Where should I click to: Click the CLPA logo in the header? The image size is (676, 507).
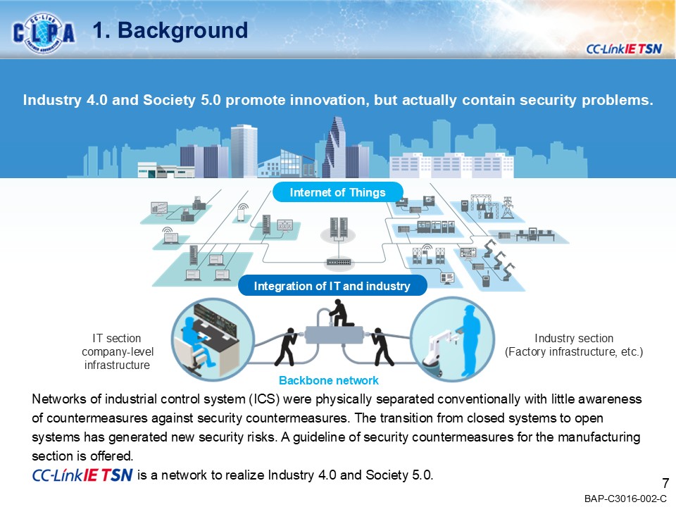click(44, 32)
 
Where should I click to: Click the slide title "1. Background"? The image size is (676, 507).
click(170, 30)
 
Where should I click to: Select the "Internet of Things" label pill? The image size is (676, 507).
click(338, 192)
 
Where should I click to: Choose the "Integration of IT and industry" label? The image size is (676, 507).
click(333, 286)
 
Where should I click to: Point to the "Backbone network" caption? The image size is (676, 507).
click(329, 380)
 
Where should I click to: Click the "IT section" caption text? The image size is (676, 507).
click(117, 339)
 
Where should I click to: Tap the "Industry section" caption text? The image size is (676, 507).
click(574, 339)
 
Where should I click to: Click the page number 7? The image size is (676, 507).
click(665, 483)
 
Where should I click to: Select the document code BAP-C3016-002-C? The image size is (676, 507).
click(625, 499)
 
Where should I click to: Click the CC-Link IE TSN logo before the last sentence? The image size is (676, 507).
click(82, 475)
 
